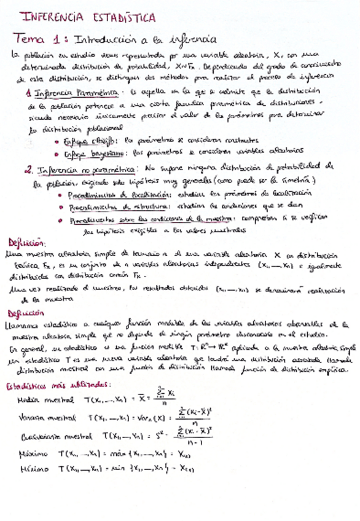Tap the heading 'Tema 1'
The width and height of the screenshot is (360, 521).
[x=41, y=39]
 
